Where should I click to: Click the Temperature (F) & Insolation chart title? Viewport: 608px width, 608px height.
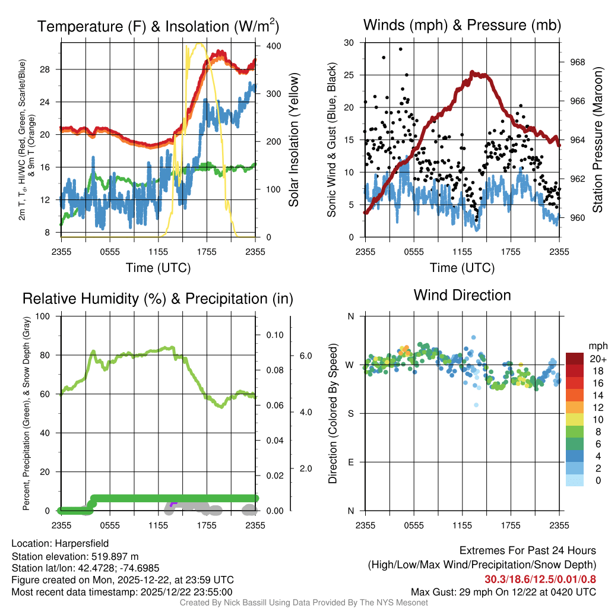pos(158,26)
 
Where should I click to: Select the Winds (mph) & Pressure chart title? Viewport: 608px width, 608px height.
pos(462,25)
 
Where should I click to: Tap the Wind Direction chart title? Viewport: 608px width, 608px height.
pos(462,295)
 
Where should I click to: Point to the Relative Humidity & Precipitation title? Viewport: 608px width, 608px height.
pos(158,299)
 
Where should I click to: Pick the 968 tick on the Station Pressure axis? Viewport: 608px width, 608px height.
pos(577,62)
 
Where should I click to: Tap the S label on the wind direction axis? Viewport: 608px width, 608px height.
pos(350,413)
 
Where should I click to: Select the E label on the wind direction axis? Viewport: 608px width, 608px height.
pos(350,462)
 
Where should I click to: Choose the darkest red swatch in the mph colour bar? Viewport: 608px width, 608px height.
pos(575,359)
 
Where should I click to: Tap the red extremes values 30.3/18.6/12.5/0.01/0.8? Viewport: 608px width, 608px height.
pos(540,579)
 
